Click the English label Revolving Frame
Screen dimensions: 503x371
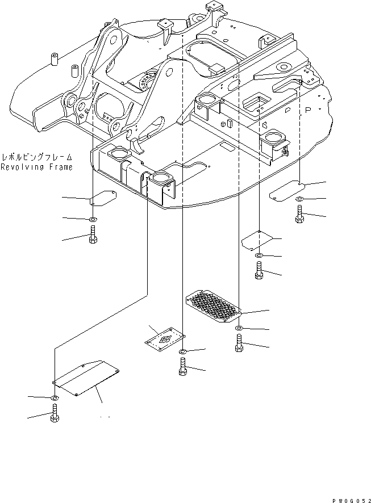coord(36,167)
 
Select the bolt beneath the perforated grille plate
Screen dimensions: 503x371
coord(239,344)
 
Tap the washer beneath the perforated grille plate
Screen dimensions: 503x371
coord(239,329)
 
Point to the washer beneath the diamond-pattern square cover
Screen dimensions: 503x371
coord(182,353)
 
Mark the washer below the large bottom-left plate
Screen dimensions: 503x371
coord(53,398)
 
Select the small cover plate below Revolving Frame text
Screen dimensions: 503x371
coord(102,199)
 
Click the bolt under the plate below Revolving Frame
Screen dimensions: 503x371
coord(93,235)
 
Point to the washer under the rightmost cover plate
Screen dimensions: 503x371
coord(299,199)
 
